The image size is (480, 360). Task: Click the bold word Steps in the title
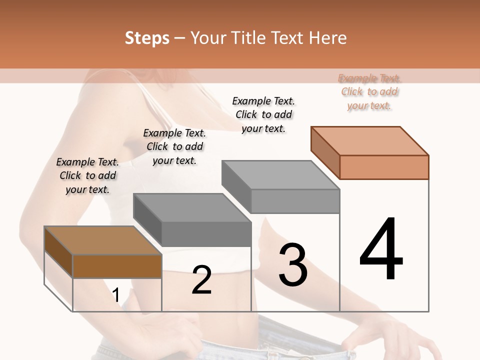(147, 38)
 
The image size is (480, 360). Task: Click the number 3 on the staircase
(293, 265)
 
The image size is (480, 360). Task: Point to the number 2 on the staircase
(202, 280)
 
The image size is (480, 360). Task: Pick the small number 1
(116, 295)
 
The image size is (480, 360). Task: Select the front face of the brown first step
(117, 266)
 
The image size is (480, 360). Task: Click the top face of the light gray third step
(280, 175)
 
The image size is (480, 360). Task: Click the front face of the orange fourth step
(384, 167)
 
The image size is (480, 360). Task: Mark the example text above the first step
(87, 175)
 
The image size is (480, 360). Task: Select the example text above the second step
(174, 146)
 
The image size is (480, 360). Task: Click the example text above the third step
(263, 114)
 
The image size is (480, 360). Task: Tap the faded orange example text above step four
(369, 91)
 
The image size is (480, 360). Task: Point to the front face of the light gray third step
(295, 201)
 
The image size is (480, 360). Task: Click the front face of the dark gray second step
(206, 234)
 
